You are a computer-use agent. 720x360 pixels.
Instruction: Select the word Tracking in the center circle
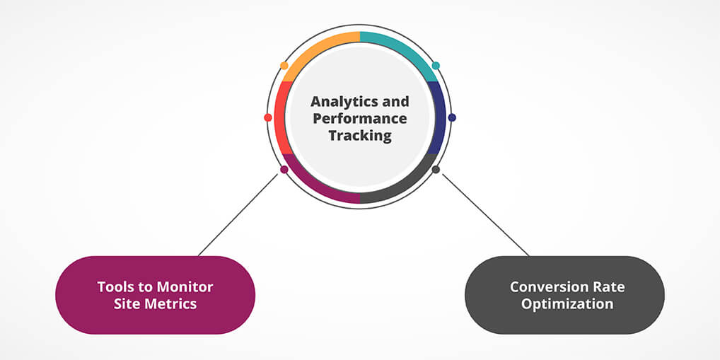click(360, 136)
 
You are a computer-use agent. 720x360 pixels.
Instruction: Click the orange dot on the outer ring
click(284, 66)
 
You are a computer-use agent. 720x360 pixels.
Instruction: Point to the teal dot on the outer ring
click(436, 66)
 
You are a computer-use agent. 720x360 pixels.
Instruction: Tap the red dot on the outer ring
click(268, 117)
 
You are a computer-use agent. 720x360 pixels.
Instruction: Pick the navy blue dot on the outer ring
click(452, 117)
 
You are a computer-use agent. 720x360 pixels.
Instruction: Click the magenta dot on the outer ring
click(284, 170)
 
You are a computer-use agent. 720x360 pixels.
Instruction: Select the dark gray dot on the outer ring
click(436, 170)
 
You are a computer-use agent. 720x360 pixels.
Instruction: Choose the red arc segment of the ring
click(280, 117)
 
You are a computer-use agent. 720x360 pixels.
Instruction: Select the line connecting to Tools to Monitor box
click(239, 214)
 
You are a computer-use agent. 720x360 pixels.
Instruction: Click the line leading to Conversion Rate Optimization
click(484, 214)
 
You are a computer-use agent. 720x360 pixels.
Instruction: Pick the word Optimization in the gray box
click(564, 304)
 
